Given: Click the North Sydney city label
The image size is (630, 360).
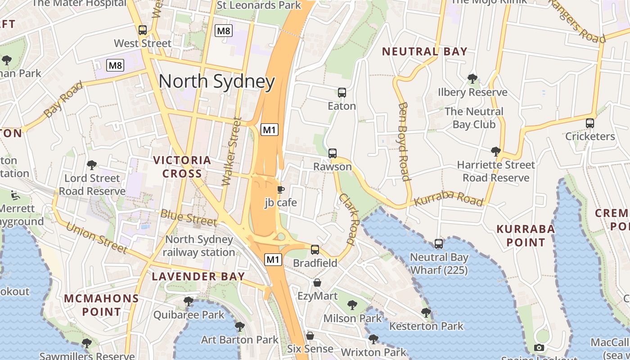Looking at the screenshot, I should tap(216, 81).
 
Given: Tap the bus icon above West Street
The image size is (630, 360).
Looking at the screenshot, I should tap(143, 30).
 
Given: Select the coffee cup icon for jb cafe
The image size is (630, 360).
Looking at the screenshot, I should tap(280, 189).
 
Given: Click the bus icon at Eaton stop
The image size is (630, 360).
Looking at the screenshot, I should tap(342, 93).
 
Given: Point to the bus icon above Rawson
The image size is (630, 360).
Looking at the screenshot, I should tap(333, 153).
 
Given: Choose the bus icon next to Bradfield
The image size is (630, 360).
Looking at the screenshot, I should tap(315, 249).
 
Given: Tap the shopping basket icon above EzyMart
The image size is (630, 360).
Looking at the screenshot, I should tap(317, 283).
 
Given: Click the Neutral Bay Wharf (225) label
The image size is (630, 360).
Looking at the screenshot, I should tap(439, 264).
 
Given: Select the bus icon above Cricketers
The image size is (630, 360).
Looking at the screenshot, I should tap(590, 123).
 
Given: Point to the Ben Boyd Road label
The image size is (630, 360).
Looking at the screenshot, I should tap(404, 141).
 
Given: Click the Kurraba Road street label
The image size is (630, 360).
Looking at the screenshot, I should tap(449, 198).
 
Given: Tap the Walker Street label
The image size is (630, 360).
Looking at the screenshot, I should tap(232, 152).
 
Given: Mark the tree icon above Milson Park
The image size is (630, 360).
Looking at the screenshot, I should tap(352, 305).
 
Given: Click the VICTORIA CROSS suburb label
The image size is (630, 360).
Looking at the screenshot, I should tap(182, 166).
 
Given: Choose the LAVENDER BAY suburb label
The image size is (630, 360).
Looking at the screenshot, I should tap(198, 276).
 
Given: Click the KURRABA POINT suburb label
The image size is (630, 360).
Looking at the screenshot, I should tap(526, 235).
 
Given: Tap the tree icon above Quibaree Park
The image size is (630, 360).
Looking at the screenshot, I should tap(189, 301).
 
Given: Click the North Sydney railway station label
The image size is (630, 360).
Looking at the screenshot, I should tap(199, 246).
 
